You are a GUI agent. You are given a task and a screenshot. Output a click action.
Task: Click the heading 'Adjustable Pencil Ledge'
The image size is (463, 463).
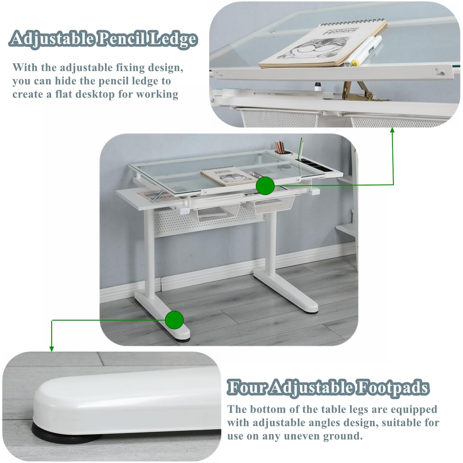point(103,39)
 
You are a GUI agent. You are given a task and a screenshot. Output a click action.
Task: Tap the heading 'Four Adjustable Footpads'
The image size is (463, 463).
point(328,387)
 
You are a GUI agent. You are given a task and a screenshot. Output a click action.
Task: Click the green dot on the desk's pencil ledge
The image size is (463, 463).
point(265,186)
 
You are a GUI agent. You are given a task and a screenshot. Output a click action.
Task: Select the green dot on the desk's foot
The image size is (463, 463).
point(174,320)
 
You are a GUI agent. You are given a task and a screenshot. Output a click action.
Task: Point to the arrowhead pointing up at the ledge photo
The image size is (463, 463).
point(392,130)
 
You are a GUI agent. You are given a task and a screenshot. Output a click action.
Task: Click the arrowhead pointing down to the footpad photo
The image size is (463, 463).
point(52,349)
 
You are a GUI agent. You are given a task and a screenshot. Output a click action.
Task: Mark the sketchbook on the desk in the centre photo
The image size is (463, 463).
point(225,177)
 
